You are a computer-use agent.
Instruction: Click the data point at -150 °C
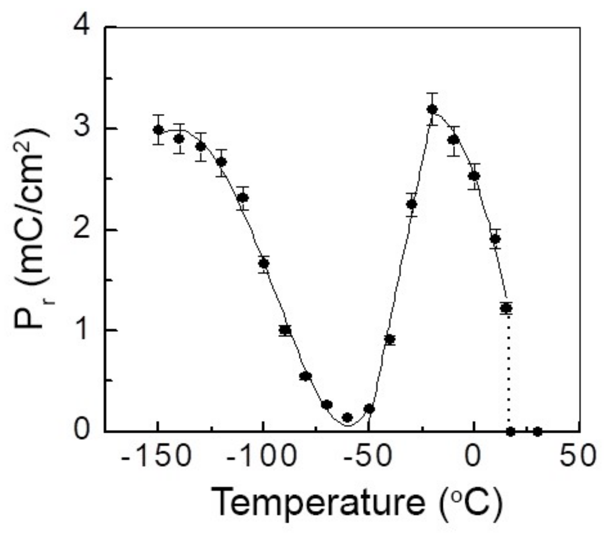[158, 130]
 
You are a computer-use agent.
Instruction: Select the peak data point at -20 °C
[432, 109]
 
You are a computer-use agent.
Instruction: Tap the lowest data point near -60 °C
[347, 417]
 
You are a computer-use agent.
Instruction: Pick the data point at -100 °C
[264, 264]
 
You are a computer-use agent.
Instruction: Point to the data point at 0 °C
[474, 176]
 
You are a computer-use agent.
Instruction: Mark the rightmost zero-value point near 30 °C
[537, 431]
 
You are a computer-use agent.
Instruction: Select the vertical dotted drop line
[508, 370]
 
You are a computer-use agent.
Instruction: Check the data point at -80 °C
[305, 376]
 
